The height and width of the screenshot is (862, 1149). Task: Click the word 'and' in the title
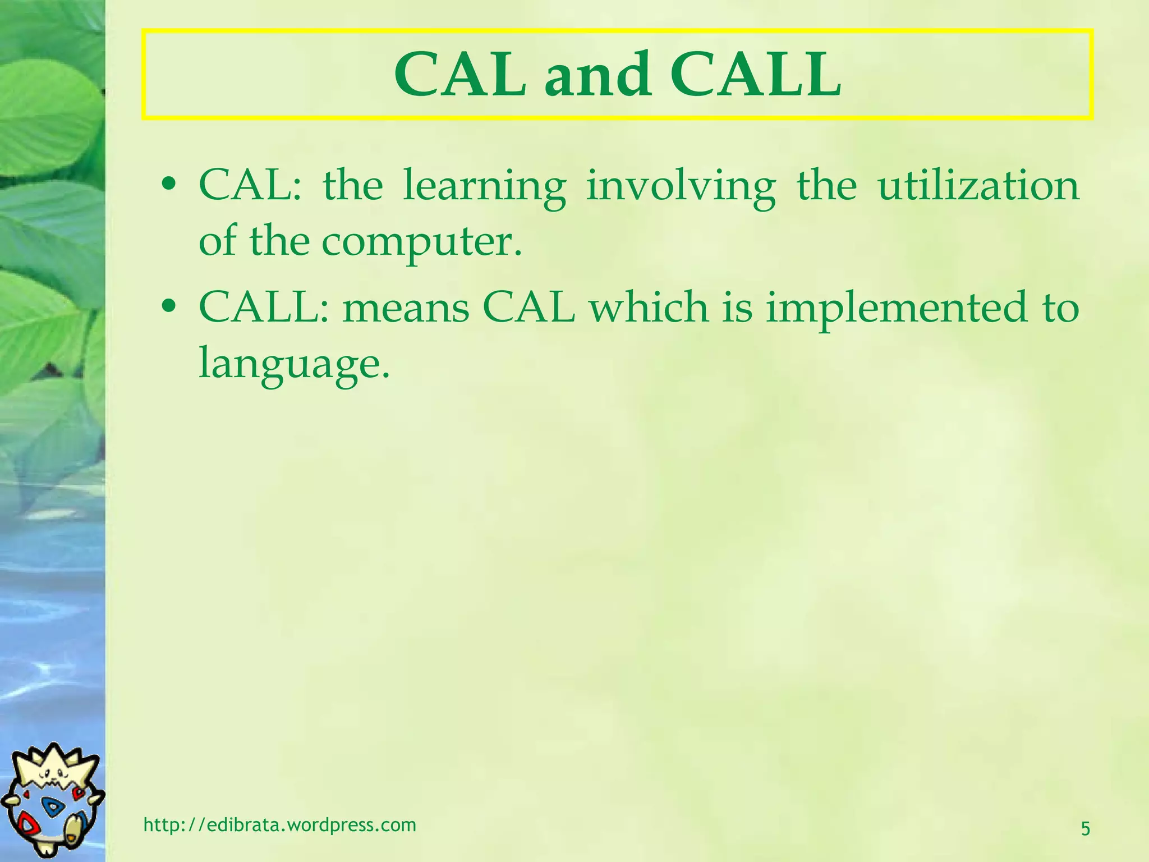point(598,75)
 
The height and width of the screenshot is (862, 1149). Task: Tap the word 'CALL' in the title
point(756,75)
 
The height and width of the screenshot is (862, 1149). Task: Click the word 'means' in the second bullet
point(406,309)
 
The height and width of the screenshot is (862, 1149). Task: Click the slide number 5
point(1085,828)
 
